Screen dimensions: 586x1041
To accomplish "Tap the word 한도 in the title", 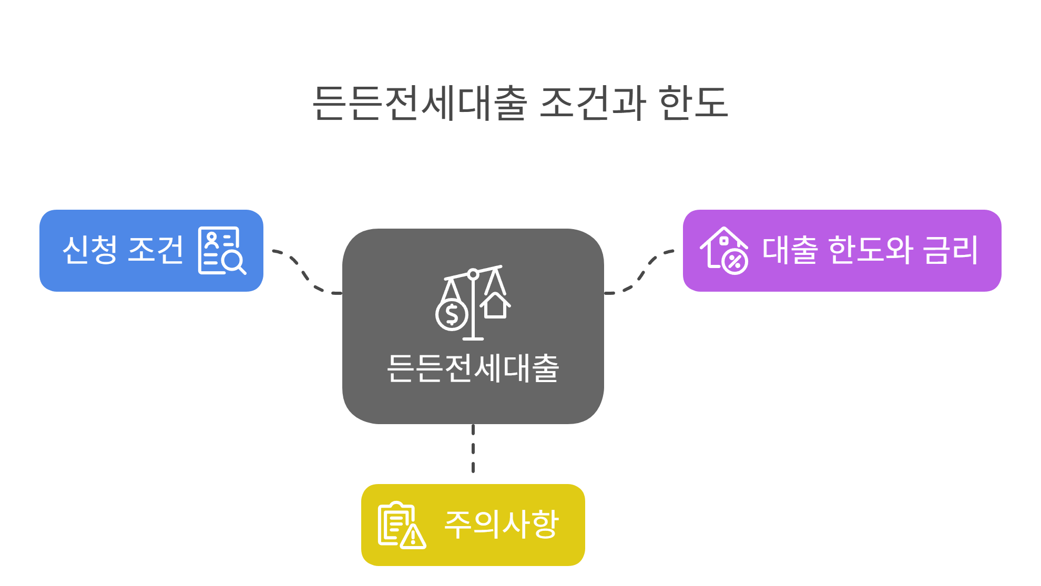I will pyautogui.click(x=693, y=102).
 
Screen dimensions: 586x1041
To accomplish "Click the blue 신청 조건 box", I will pyautogui.click(x=151, y=250).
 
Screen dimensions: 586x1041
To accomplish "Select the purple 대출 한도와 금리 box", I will pyautogui.click(x=842, y=250).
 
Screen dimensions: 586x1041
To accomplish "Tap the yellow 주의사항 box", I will pyautogui.click(x=473, y=525).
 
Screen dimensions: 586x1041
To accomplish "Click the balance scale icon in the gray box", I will pyautogui.click(x=473, y=303).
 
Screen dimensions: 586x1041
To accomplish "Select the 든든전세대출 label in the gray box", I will pyautogui.click(x=473, y=368).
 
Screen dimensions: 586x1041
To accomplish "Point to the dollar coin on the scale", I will pyautogui.click(x=452, y=315).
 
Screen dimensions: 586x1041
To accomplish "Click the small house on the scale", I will pyautogui.click(x=495, y=305).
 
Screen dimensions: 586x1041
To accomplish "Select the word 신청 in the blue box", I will pyautogui.click(x=89, y=250).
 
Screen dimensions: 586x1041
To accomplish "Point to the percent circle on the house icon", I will pyautogui.click(x=734, y=262).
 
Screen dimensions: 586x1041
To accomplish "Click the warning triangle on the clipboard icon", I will pyautogui.click(x=414, y=537).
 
